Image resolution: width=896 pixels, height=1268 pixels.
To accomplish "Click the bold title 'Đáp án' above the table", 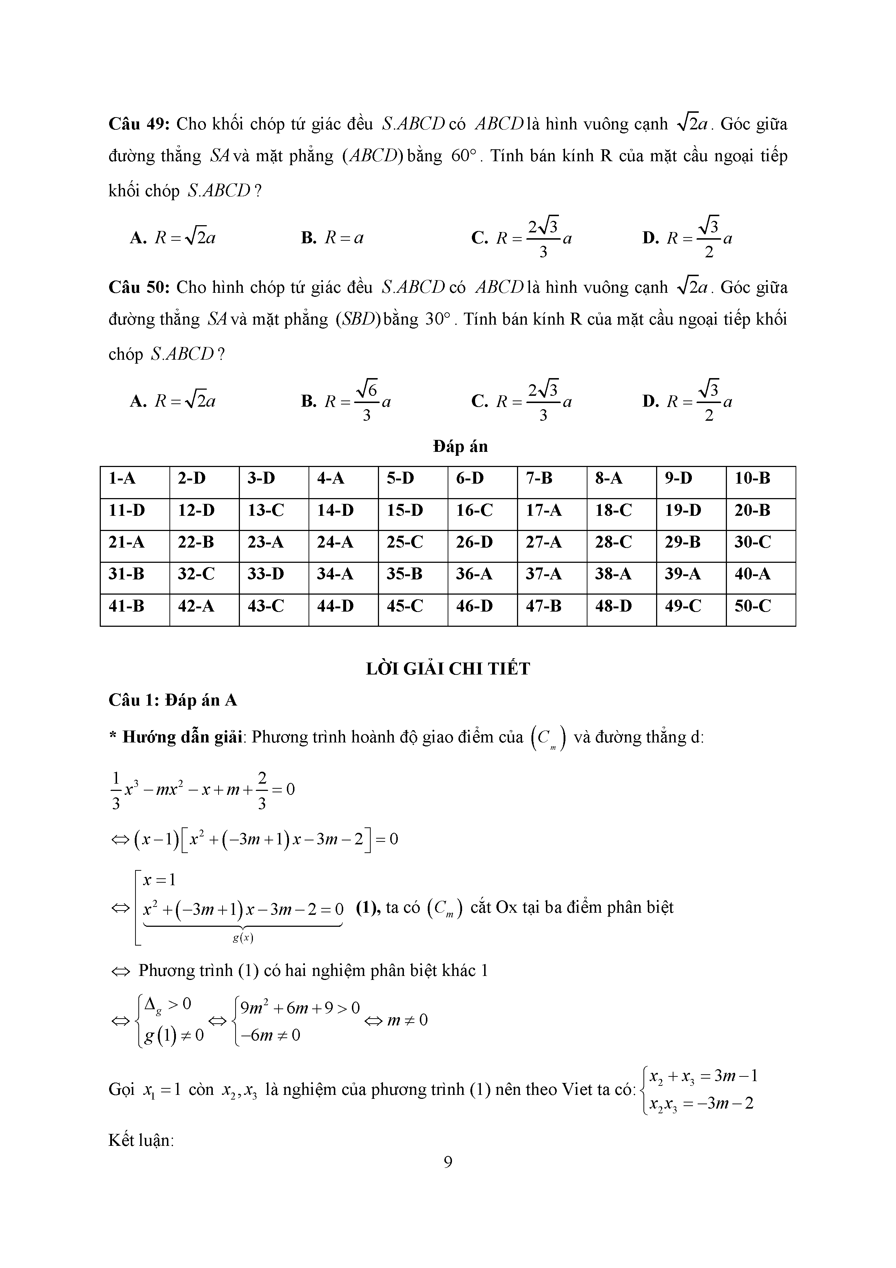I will pyautogui.click(x=460, y=446).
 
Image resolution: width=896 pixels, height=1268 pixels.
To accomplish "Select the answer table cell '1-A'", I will pyautogui.click(x=122, y=478).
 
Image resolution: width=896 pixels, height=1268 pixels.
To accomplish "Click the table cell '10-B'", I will pyautogui.click(x=752, y=478).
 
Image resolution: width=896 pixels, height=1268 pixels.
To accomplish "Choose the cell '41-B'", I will pyautogui.click(x=126, y=607).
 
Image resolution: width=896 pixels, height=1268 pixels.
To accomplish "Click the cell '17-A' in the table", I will pyautogui.click(x=544, y=510).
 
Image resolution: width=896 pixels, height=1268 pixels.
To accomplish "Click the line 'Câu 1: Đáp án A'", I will pyautogui.click(x=173, y=700).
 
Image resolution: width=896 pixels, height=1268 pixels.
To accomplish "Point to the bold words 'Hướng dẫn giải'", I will pyautogui.click(x=182, y=737).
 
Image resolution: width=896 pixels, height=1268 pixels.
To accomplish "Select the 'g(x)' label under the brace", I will pyautogui.click(x=243, y=937).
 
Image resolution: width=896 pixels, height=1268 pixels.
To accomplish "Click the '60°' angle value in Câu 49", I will pyautogui.click(x=463, y=156).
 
